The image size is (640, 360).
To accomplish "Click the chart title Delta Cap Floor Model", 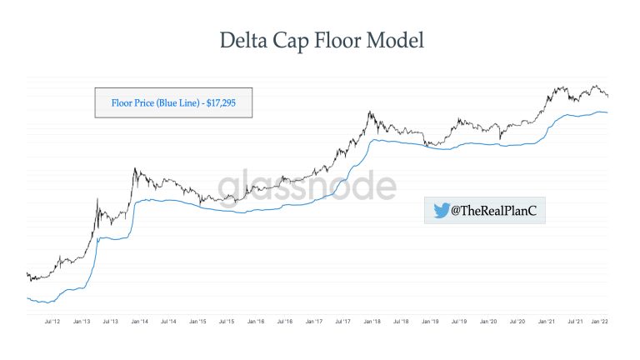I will click(x=320, y=40).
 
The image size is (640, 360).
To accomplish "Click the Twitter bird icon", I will click(x=441, y=211).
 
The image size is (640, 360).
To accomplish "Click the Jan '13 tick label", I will click(x=82, y=321).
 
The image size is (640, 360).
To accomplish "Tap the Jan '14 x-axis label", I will click(x=140, y=321).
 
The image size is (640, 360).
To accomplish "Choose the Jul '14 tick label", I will click(x=169, y=321).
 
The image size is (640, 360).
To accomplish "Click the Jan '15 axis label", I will click(x=198, y=321).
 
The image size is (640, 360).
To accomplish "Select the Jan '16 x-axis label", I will click(x=256, y=321).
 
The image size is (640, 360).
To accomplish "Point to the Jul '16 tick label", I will click(x=285, y=321).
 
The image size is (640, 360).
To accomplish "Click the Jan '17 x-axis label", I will click(x=314, y=321).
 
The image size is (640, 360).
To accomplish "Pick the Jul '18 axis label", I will click(x=401, y=321).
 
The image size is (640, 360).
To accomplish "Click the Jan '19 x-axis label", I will click(x=430, y=321).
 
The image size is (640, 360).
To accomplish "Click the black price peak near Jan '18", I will click(x=369, y=112).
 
